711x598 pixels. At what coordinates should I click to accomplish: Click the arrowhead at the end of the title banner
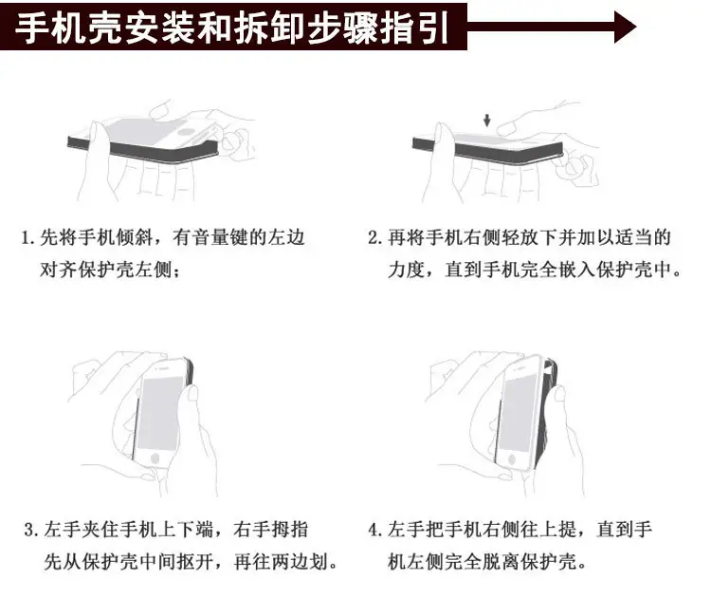tap(626, 27)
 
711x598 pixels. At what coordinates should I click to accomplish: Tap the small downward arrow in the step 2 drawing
tap(486, 120)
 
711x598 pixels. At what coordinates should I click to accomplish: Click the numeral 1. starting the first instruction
tap(27, 238)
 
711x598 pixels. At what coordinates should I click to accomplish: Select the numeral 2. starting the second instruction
tap(375, 238)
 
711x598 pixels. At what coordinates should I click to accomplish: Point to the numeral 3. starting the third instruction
tap(31, 530)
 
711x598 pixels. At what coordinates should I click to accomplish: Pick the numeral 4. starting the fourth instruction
tap(375, 530)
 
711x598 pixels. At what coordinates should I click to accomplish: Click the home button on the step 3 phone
tap(155, 458)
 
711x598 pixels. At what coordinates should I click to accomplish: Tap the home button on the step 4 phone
tap(512, 458)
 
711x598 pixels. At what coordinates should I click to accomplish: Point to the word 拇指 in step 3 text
tap(290, 530)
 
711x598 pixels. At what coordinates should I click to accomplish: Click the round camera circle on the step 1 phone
tap(187, 132)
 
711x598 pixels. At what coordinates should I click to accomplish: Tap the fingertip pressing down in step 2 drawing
tap(504, 129)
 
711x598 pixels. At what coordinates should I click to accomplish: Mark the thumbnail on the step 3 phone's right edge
tap(192, 394)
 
